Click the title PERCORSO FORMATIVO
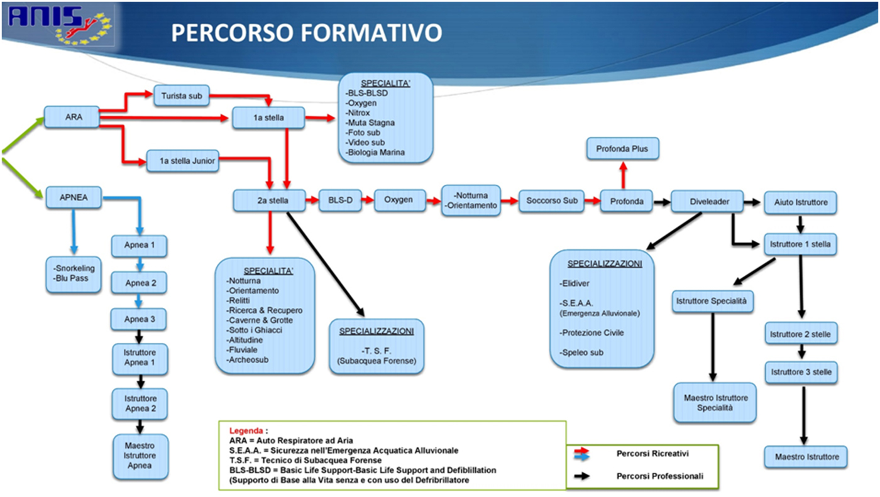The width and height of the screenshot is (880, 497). [x=306, y=33]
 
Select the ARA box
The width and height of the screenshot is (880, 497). [x=72, y=117]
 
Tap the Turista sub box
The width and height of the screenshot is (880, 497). [x=181, y=96]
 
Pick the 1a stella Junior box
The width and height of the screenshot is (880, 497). [x=182, y=161]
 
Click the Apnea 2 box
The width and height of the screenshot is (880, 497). [x=139, y=283]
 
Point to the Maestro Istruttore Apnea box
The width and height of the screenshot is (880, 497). [x=139, y=456]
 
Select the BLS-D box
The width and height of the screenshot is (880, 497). [x=340, y=200]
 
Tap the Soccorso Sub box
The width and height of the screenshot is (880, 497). [x=551, y=201]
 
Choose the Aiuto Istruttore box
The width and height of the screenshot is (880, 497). [x=800, y=202]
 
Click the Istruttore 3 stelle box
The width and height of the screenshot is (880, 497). [x=800, y=372]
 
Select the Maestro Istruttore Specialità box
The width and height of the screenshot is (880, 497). [x=715, y=403]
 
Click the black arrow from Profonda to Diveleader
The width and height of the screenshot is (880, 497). [x=662, y=202]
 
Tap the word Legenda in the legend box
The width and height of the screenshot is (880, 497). [x=246, y=431]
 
